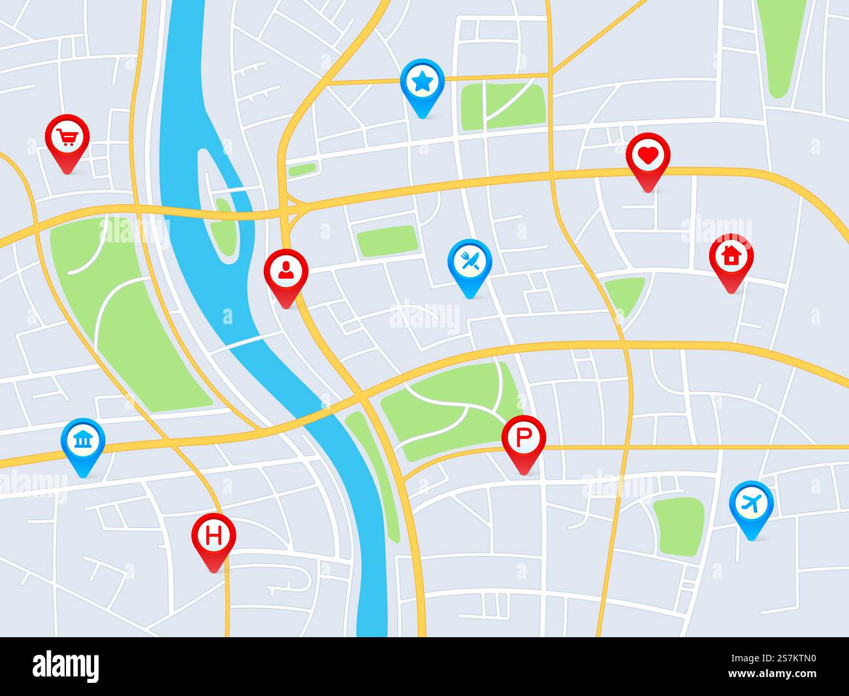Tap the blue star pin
coord(422,83)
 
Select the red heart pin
coord(647,157)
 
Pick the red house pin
coord(731,257)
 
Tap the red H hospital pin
coord(214,537)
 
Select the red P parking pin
coord(523,439)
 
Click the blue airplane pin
coord(751,505)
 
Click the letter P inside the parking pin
coord(523,437)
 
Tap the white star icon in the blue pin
coord(422,82)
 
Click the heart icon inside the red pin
coord(647,156)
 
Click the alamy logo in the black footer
coord(66,667)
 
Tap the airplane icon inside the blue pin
coord(751,503)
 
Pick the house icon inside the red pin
coord(731,256)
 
